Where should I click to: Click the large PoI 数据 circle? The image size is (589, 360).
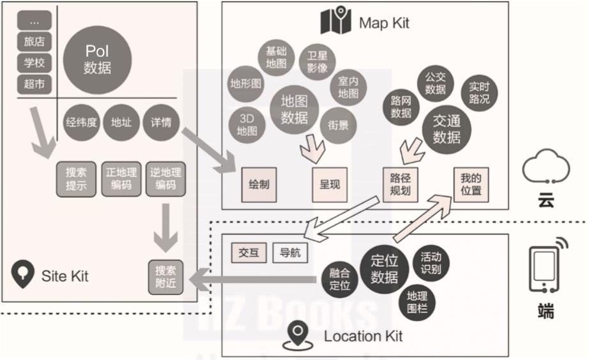coord(98,59)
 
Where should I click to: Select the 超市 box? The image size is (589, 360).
coord(34,84)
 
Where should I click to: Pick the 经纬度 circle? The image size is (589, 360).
coord(81,122)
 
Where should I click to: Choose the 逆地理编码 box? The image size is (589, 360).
coord(165,178)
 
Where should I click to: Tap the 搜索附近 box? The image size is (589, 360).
coord(165,277)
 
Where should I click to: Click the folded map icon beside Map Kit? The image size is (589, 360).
coord(336,21)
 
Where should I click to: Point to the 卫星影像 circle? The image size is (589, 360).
coord(317,61)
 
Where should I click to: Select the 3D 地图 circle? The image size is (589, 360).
coord(247,124)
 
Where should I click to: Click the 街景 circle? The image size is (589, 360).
coord(339,124)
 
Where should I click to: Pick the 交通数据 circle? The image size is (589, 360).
coord(447,129)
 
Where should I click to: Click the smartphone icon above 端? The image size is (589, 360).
coord(544,267)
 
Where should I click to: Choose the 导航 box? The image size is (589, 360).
coord(289,253)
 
